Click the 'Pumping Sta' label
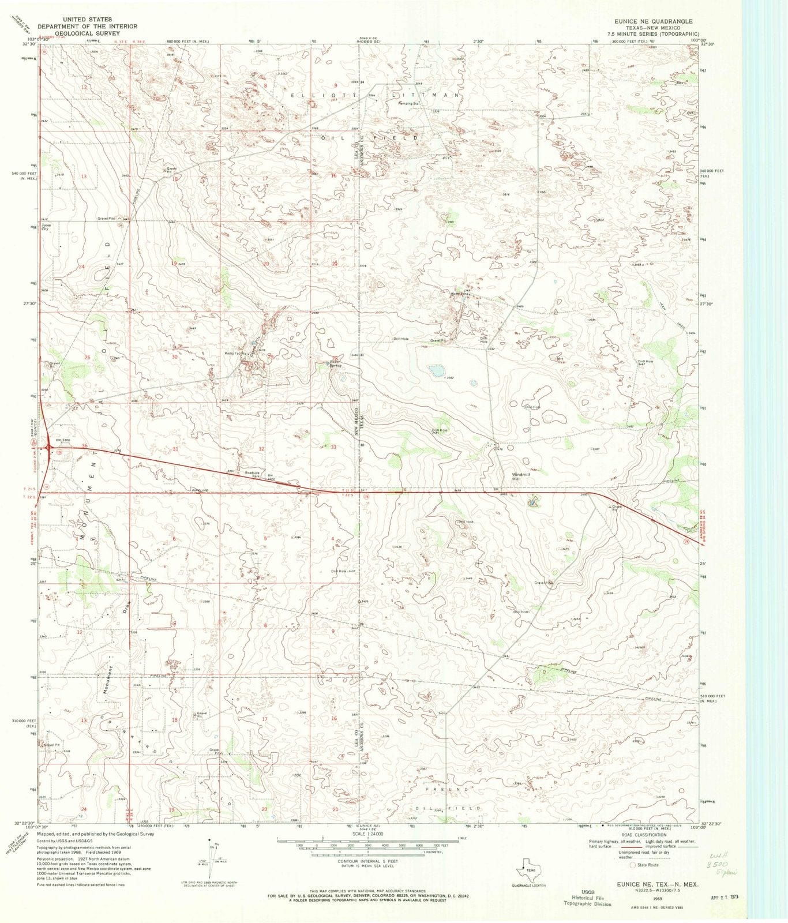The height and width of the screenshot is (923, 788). (x=410, y=104)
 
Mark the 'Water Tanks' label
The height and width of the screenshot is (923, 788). (x=461, y=294)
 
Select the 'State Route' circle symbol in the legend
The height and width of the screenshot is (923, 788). (x=633, y=865)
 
